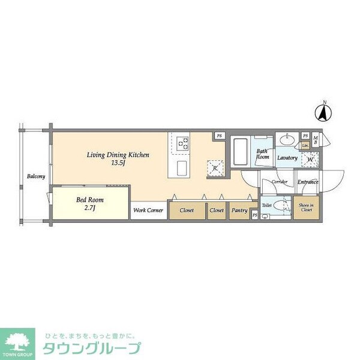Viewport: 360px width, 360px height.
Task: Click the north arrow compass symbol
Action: (325, 112)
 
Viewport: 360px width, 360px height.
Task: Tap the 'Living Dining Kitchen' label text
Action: (118, 155)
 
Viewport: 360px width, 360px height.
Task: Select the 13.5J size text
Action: (118, 163)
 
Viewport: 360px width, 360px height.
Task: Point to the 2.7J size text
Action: (90, 208)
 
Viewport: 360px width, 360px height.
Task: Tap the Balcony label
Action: (35, 176)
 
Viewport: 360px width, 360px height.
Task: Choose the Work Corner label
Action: (148, 211)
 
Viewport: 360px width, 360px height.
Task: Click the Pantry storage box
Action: (239, 211)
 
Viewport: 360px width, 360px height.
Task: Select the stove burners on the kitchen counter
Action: (182, 143)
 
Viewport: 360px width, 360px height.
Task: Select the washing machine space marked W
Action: (310, 159)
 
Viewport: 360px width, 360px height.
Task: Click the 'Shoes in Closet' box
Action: (305, 208)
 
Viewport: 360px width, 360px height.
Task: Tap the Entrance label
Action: (307, 182)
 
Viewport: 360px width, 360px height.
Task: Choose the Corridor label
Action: (280, 181)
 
